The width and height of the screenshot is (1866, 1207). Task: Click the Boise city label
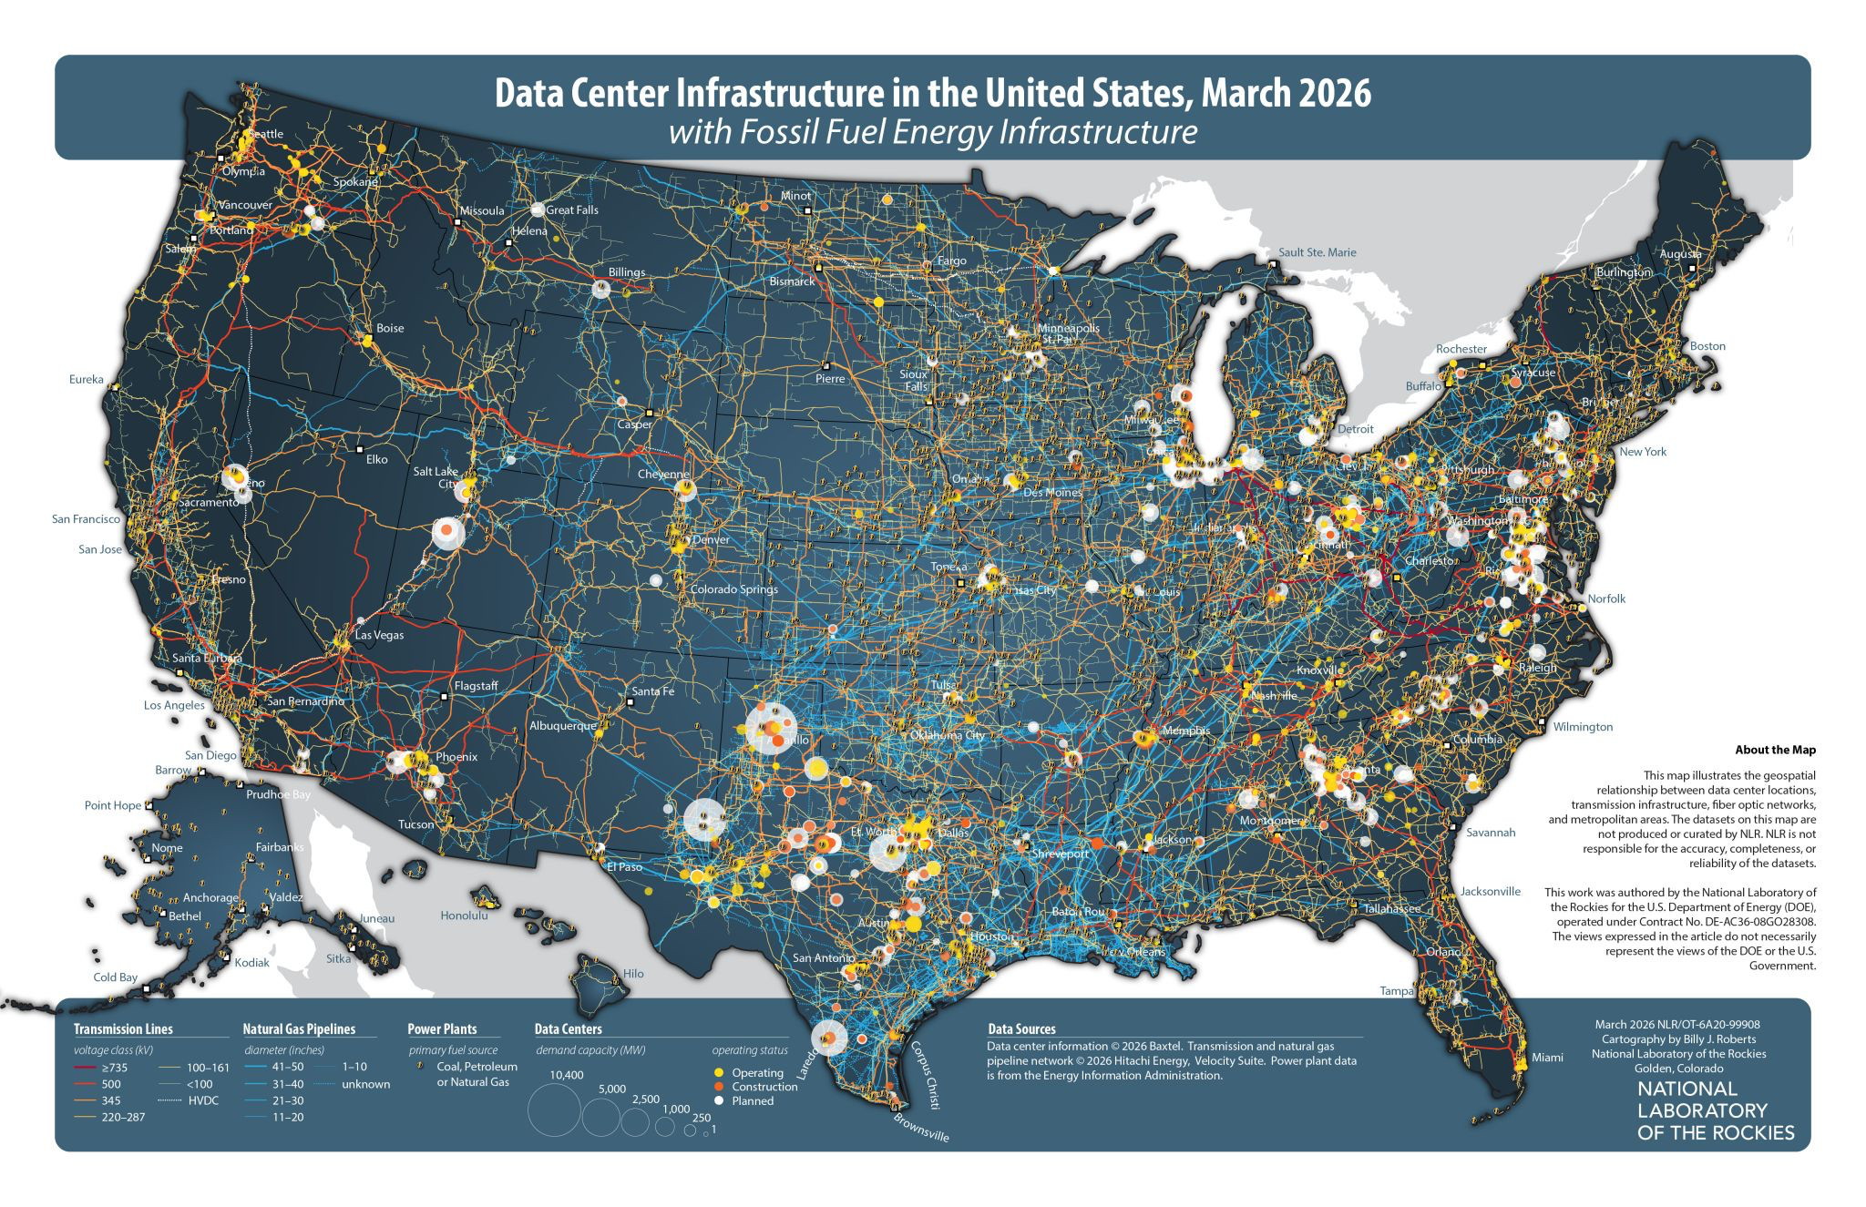[x=390, y=328]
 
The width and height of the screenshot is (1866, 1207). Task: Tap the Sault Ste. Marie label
[x=1317, y=252]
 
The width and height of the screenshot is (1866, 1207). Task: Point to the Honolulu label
[x=464, y=915]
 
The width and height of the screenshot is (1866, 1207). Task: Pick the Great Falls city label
[x=572, y=210]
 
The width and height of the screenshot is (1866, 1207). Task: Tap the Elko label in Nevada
[x=376, y=459]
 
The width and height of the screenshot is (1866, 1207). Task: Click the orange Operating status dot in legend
[x=719, y=1073]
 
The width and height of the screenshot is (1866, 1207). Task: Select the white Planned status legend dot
[x=719, y=1100]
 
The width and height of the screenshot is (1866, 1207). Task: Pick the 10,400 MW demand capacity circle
[x=554, y=1110]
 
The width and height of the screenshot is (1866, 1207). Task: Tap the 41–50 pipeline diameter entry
[x=288, y=1067]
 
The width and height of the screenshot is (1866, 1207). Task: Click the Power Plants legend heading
[x=442, y=1029]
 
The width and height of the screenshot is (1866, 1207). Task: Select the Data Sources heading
[x=1020, y=1029]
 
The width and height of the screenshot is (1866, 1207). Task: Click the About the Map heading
[x=1775, y=750]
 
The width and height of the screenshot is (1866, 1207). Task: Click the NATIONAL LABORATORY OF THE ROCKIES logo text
[x=1715, y=1110]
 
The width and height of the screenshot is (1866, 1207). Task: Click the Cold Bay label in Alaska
[x=116, y=977]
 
